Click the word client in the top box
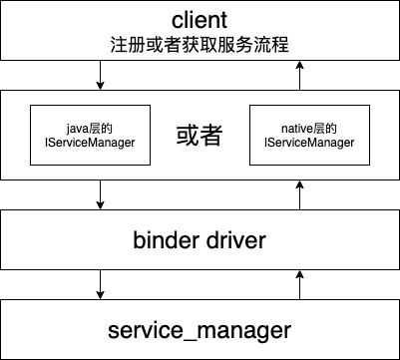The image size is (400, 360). tap(200, 20)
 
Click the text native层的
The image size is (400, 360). tap(308, 128)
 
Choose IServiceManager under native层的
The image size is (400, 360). tap(308, 143)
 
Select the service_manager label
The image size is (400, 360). tap(200, 328)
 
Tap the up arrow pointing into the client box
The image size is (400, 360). tap(299, 76)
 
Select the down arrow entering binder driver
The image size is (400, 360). tap(100, 195)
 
